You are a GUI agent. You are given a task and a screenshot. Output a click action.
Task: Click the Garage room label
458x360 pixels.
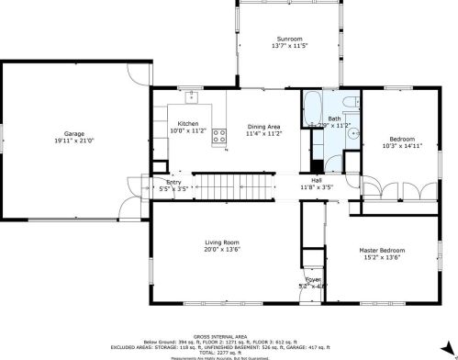(74, 133)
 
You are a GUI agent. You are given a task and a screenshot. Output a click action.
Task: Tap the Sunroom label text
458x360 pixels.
(289, 38)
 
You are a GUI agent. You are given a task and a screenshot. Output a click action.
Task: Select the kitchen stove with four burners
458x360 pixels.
(220, 138)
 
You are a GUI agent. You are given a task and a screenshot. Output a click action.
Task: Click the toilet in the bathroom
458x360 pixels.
(347, 100)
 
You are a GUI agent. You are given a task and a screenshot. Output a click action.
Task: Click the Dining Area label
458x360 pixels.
(263, 126)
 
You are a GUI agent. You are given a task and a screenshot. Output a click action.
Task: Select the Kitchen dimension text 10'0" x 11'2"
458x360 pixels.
(188, 131)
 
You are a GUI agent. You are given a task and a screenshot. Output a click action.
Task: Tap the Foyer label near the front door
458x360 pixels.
(314, 280)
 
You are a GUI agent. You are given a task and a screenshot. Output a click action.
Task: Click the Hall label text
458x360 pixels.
(316, 181)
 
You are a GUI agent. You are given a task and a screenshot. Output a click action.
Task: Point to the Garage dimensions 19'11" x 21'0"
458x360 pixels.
(74, 141)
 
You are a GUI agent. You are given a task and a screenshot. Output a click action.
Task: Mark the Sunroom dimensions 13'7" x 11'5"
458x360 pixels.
(289, 45)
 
